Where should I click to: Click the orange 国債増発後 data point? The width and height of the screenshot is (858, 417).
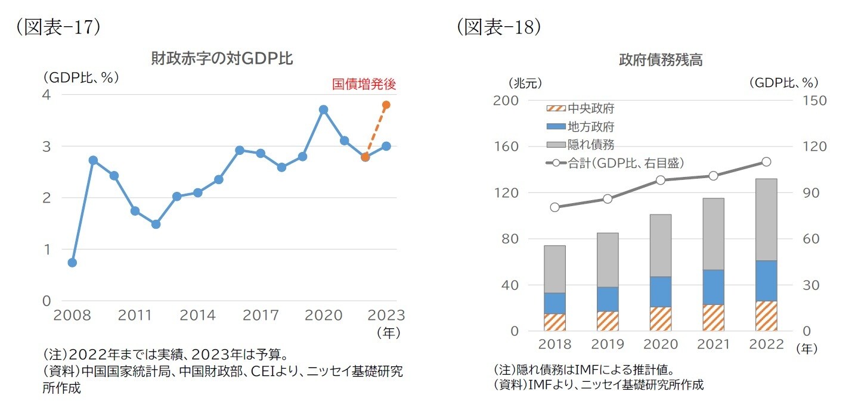click(x=386, y=105)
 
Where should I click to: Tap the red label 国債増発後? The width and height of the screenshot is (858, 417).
click(x=364, y=85)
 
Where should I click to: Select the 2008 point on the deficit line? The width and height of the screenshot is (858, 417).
click(x=72, y=263)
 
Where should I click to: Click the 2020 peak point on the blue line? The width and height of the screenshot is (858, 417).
click(x=323, y=110)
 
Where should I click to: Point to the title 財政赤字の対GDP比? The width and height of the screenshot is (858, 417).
click(x=222, y=59)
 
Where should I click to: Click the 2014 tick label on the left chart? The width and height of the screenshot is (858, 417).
click(x=197, y=315)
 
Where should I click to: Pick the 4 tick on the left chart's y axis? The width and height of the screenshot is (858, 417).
click(x=47, y=95)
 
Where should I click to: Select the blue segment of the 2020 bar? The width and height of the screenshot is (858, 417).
click(x=661, y=291)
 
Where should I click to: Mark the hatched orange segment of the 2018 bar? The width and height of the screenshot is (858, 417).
click(x=555, y=322)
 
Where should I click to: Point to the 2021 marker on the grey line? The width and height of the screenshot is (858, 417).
click(x=714, y=176)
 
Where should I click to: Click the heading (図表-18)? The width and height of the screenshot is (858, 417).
click(x=499, y=27)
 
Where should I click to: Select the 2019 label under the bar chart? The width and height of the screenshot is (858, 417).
click(x=608, y=345)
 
